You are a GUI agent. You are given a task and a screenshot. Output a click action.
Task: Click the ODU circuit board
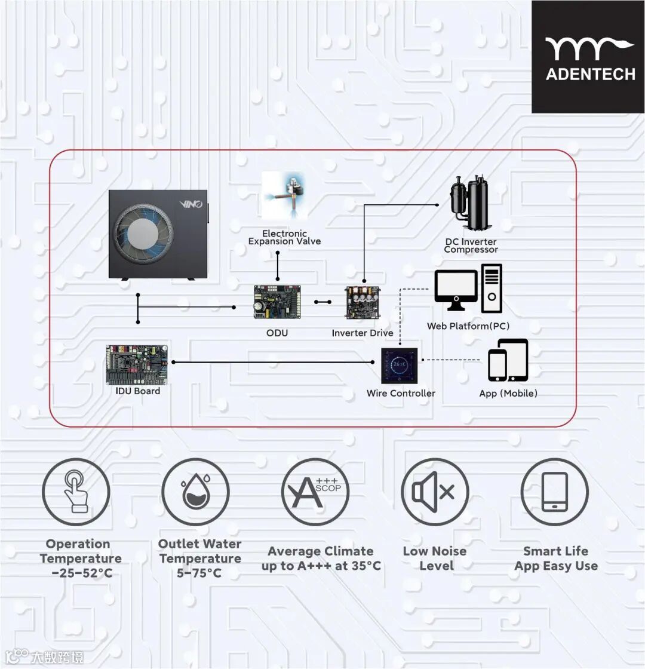(x=277, y=301)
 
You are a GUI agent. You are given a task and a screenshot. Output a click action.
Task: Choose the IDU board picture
(x=137, y=364)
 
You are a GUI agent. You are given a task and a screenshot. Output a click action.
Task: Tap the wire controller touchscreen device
(x=400, y=364)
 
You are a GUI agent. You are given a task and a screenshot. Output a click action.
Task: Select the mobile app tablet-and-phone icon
(x=508, y=360)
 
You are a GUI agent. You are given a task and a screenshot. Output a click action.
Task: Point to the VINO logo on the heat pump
(x=192, y=204)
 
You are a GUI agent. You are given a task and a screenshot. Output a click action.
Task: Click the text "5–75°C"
(x=199, y=573)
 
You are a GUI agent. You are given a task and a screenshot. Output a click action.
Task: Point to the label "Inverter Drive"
(x=363, y=333)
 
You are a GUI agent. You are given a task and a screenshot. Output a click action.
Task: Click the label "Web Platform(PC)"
(x=468, y=326)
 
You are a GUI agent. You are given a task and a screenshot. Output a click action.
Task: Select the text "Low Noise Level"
(x=435, y=558)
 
